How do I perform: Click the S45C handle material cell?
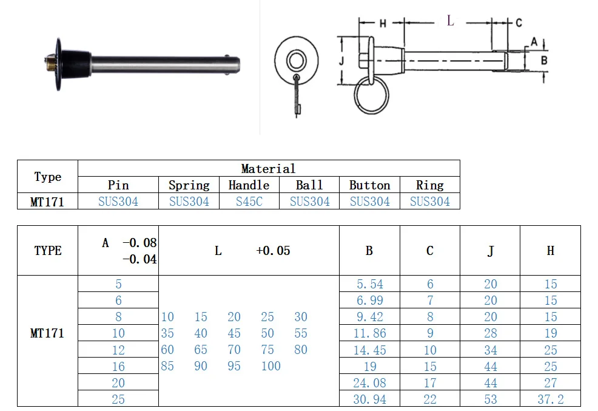(x=249, y=202)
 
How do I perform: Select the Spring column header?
(x=189, y=185)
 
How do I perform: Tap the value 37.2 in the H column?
(x=550, y=399)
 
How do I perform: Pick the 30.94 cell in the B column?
(x=369, y=399)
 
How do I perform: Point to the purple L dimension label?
(x=450, y=21)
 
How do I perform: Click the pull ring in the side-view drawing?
(x=371, y=95)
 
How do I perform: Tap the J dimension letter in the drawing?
(x=341, y=61)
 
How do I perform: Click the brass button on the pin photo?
(x=50, y=62)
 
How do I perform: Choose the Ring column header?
(x=429, y=185)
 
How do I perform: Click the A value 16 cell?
(x=118, y=366)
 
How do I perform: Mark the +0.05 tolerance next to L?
(x=273, y=251)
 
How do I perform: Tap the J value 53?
(x=490, y=399)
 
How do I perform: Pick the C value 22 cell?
(x=429, y=399)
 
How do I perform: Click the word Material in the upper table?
(x=268, y=169)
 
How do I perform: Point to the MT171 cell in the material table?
(x=47, y=202)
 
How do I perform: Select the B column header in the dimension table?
(x=369, y=251)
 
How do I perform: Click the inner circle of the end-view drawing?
(x=296, y=60)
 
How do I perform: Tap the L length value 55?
(x=300, y=333)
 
